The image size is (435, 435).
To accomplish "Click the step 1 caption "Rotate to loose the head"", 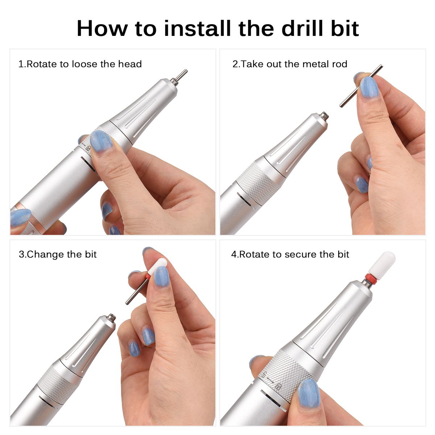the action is click(x=84, y=64).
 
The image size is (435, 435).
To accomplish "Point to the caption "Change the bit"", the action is click(x=62, y=254).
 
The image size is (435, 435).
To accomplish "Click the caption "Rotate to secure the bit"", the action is click(x=294, y=254).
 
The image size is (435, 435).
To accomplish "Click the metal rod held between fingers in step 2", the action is click(x=361, y=86).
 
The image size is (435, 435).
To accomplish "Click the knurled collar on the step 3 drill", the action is click(x=58, y=381).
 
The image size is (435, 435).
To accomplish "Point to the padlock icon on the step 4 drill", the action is click(x=277, y=387).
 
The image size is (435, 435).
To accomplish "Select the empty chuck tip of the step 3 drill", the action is click(x=112, y=318).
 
